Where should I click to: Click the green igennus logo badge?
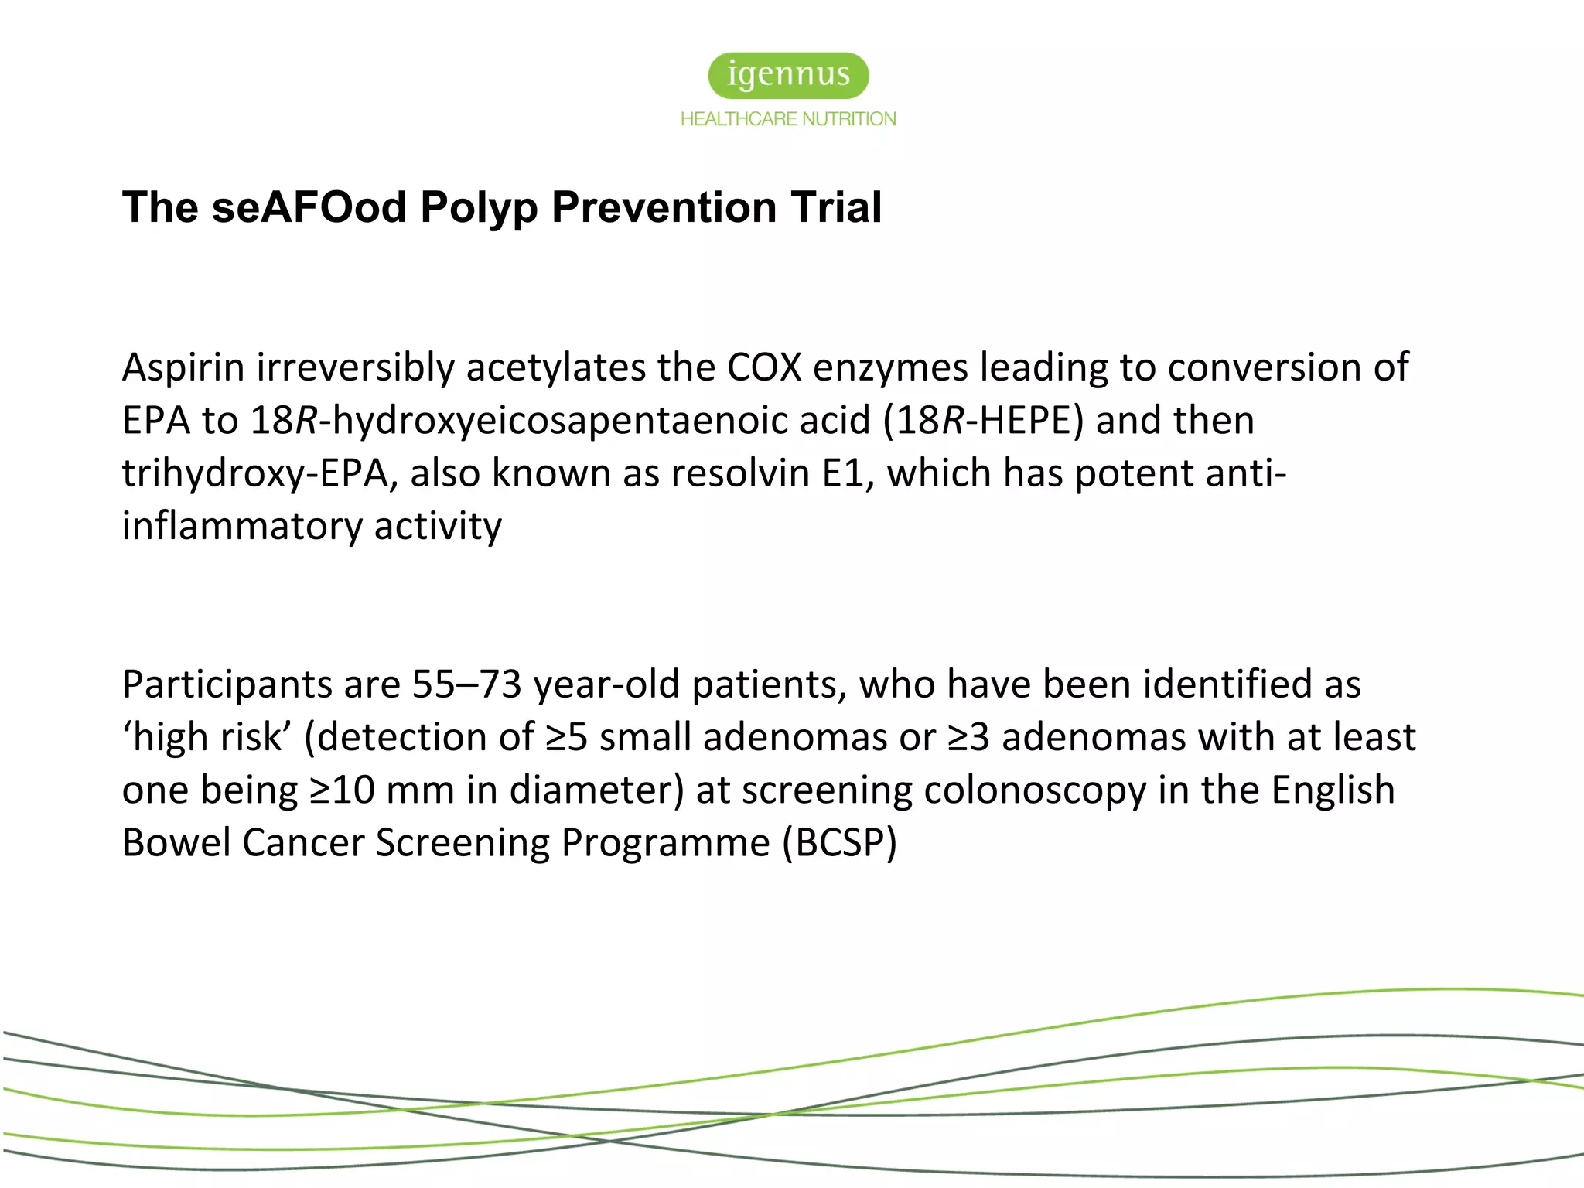click(x=788, y=75)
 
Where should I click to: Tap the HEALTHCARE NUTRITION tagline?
click(x=788, y=119)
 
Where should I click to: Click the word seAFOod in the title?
click(x=309, y=207)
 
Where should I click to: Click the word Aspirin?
click(x=183, y=367)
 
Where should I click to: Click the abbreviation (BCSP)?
click(x=839, y=843)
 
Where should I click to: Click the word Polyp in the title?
click(x=479, y=207)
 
